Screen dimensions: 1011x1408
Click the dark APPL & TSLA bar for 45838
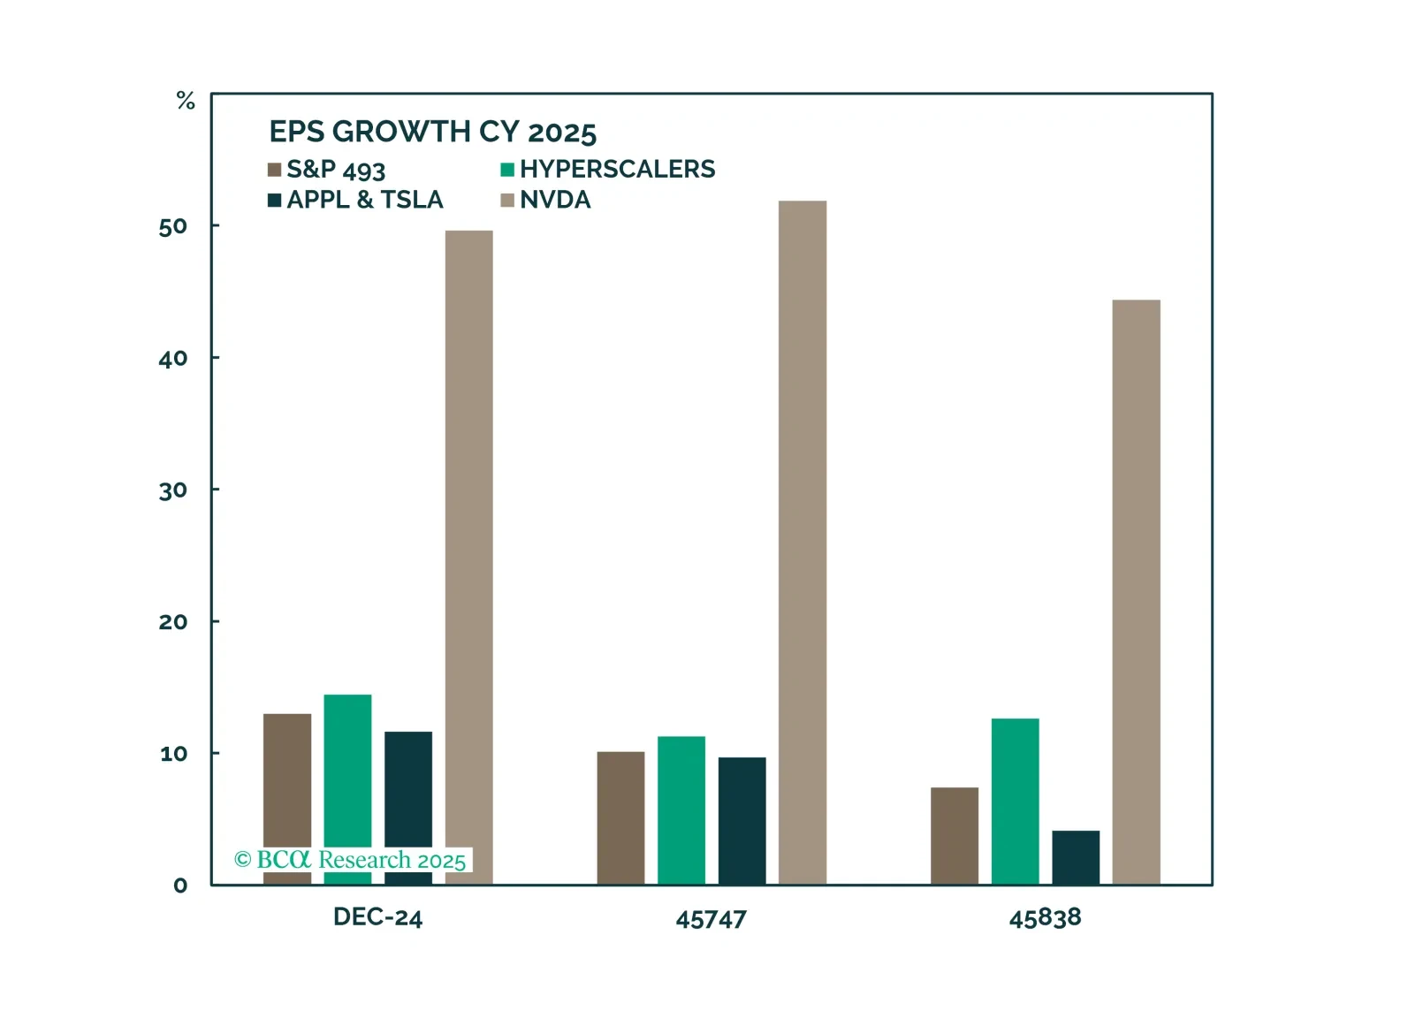pos(1076,857)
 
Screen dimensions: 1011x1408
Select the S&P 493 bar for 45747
pos(620,817)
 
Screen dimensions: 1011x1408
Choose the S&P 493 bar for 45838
pos(955,835)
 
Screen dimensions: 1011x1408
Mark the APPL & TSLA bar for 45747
pos(742,821)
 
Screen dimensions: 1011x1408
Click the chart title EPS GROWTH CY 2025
pos(433,132)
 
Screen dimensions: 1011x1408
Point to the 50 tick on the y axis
pos(173,227)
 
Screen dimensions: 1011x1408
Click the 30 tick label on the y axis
pos(173,490)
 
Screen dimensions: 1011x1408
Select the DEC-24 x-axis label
pos(377,917)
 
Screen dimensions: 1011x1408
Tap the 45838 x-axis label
pos(1045,918)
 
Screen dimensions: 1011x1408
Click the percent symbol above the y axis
pos(186,101)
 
